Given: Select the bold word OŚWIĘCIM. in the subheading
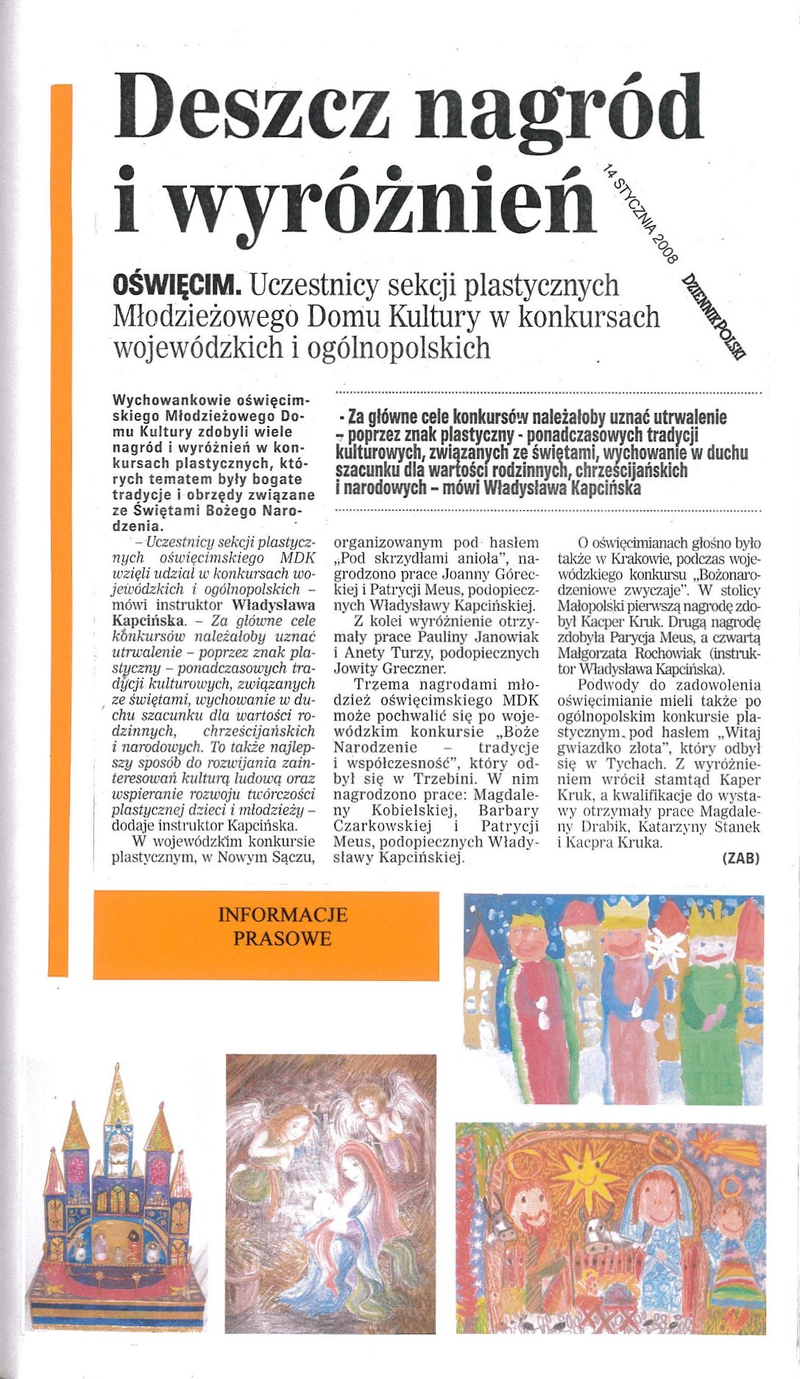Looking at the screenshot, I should (x=177, y=286).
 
